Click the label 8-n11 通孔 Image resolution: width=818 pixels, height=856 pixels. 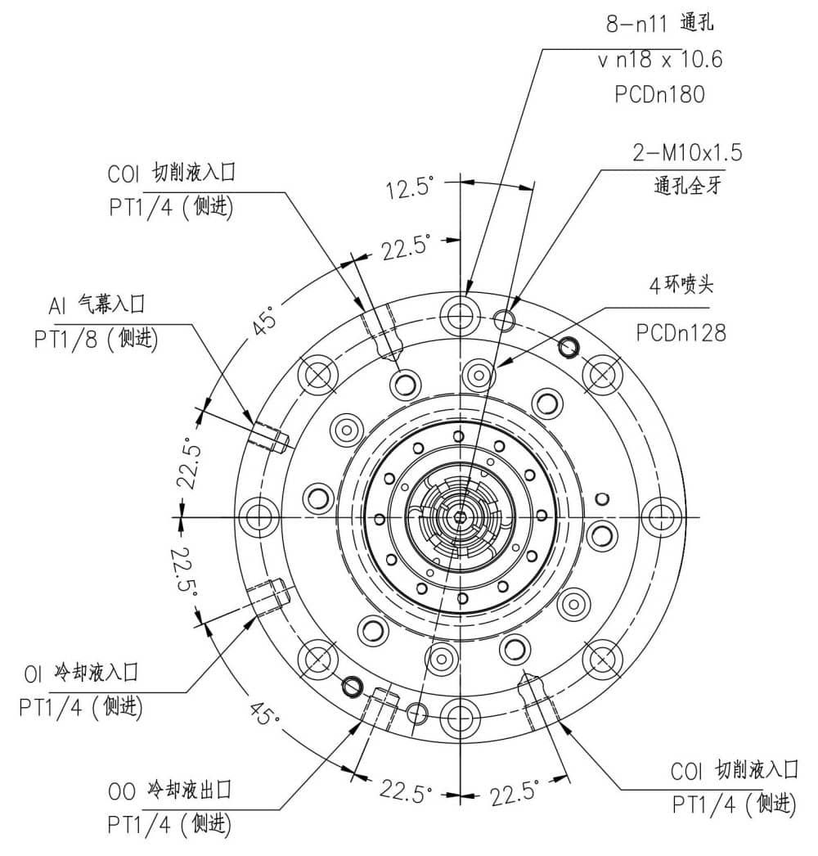(659, 24)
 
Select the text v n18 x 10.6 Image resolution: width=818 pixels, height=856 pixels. (659, 60)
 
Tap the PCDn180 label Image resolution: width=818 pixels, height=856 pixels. (659, 95)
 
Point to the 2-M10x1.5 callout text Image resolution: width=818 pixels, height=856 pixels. (687, 153)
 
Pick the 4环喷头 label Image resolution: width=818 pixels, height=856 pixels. (681, 286)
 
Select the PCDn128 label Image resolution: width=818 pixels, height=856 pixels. (681, 332)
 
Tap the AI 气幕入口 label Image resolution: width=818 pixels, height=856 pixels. (97, 306)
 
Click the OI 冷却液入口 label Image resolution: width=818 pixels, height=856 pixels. (82, 673)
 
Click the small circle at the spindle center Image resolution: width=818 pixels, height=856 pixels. (460, 516)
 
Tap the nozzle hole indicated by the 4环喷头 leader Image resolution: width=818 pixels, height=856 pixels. (479, 375)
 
